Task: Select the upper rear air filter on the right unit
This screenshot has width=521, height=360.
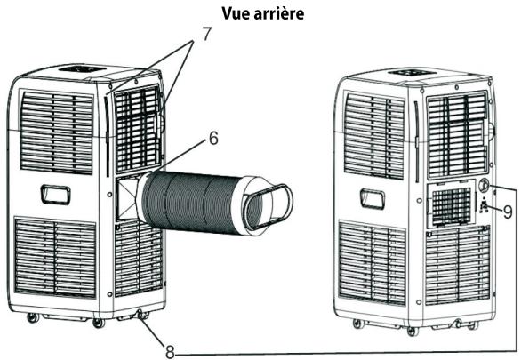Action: tap(457, 124)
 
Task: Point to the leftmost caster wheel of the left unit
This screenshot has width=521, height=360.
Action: tap(33, 317)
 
